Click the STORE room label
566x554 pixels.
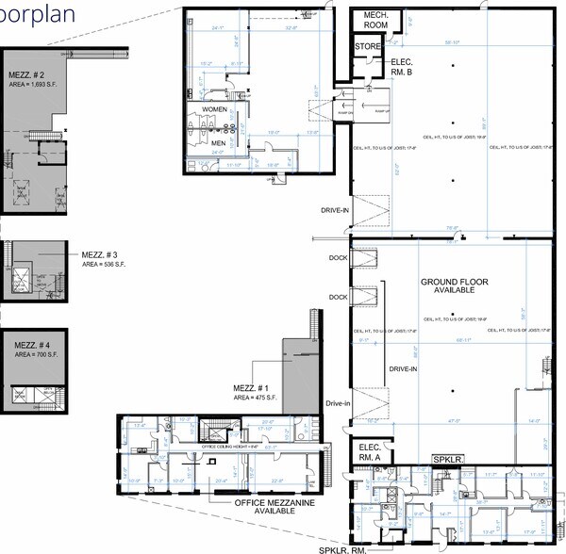366,45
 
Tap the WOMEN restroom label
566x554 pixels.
215,110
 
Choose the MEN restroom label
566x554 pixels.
219,143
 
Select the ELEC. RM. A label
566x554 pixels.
365,452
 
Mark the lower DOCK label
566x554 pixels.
336,297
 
